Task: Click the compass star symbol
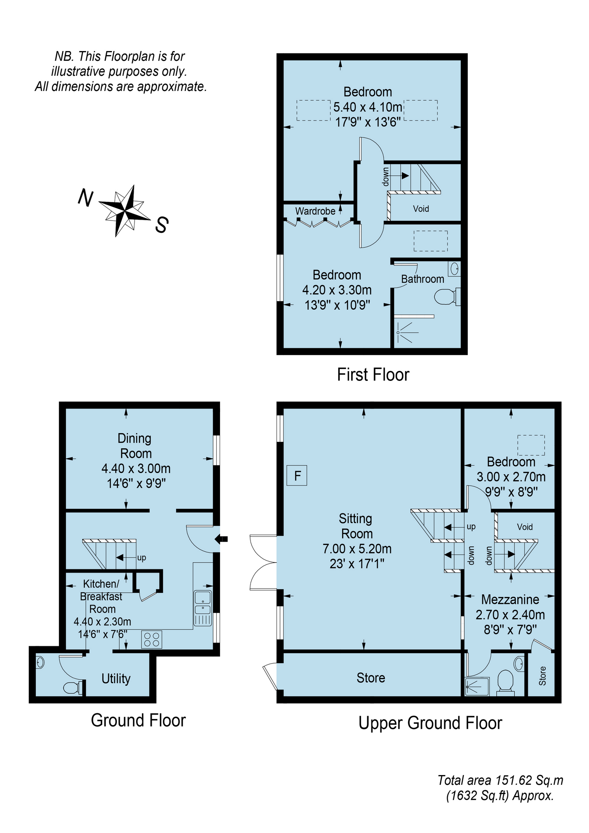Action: (x=125, y=211)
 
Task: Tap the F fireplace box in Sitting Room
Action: (x=297, y=476)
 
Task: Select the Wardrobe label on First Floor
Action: (x=315, y=211)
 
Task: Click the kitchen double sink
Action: (x=202, y=603)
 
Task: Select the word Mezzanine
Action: (x=510, y=599)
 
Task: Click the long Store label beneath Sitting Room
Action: (x=371, y=678)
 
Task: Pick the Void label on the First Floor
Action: (x=421, y=209)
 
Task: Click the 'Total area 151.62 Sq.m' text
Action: (x=500, y=780)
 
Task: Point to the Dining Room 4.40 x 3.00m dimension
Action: (x=136, y=469)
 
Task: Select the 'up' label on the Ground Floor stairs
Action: (x=141, y=558)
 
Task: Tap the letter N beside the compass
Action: (x=85, y=198)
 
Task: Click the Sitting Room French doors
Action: (x=263, y=562)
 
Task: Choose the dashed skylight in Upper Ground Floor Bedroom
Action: (x=531, y=445)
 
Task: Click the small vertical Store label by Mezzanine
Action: (x=542, y=676)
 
